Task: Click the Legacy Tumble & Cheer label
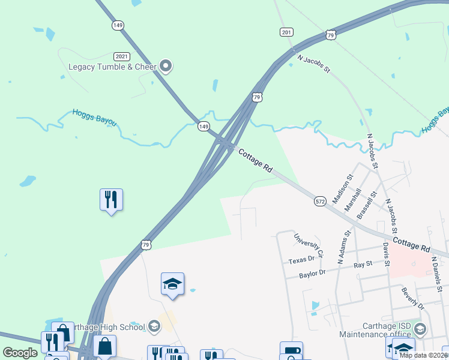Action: (x=112, y=67)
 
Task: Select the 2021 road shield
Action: (x=122, y=55)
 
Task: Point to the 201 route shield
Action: (x=286, y=32)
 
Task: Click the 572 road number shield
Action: (x=320, y=202)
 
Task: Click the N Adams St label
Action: (x=343, y=247)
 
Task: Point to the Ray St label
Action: (x=363, y=264)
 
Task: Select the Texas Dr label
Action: (x=301, y=260)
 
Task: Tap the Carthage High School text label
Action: (x=107, y=327)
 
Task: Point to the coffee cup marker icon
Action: (x=291, y=351)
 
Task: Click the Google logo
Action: (x=20, y=353)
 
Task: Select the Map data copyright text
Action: (x=424, y=355)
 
